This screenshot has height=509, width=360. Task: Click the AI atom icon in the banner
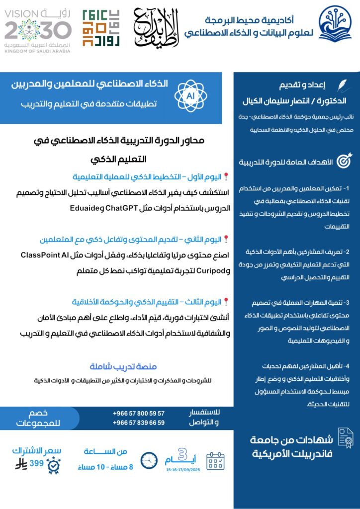pos(189,95)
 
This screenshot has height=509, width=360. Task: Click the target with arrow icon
pos(344,161)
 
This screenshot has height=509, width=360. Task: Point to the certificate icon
pos(344,437)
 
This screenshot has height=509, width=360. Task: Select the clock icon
pos(149,460)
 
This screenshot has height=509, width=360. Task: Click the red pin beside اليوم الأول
pos(226,176)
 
